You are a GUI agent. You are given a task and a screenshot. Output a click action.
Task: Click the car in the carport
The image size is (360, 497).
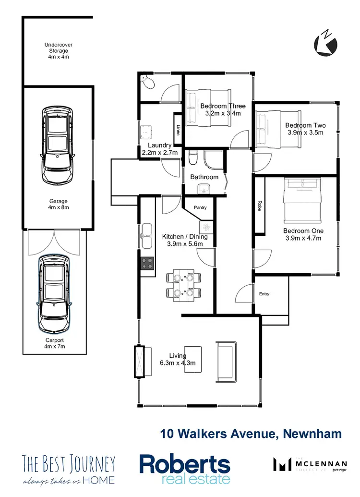click(54, 293)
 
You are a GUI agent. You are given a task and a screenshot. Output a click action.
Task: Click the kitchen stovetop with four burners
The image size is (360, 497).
click(147, 263)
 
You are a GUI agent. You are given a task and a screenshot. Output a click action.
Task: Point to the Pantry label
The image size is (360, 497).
click(200, 207)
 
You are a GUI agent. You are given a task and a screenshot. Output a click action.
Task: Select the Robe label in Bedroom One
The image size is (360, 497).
click(260, 206)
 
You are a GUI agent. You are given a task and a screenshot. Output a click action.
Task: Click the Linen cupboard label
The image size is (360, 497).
click(178, 130)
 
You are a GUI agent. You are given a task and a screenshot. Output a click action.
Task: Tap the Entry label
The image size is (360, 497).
click(264, 294)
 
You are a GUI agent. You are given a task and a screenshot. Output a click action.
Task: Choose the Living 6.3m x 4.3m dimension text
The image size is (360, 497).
click(178, 359)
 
